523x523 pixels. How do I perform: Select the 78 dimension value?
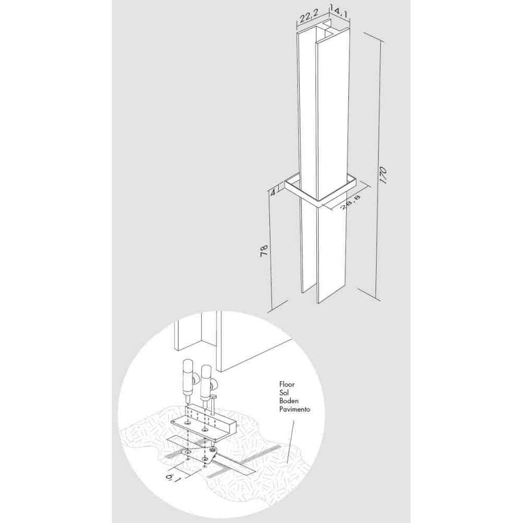[x=264, y=251]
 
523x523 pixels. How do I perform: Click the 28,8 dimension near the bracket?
[x=350, y=202]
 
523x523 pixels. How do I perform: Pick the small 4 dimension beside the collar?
[x=272, y=192]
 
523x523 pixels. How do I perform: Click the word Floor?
[x=287, y=384]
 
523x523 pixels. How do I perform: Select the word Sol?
[x=284, y=393]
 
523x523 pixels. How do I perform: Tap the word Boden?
[x=289, y=401]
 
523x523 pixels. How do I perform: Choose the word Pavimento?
[x=295, y=410]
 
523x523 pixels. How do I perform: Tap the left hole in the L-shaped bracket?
[x=187, y=423]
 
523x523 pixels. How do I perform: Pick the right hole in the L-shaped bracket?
[x=205, y=429]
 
